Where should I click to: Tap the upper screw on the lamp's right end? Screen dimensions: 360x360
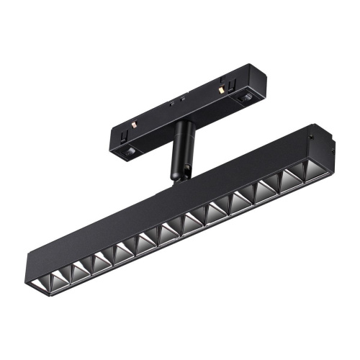click(x=312, y=133)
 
